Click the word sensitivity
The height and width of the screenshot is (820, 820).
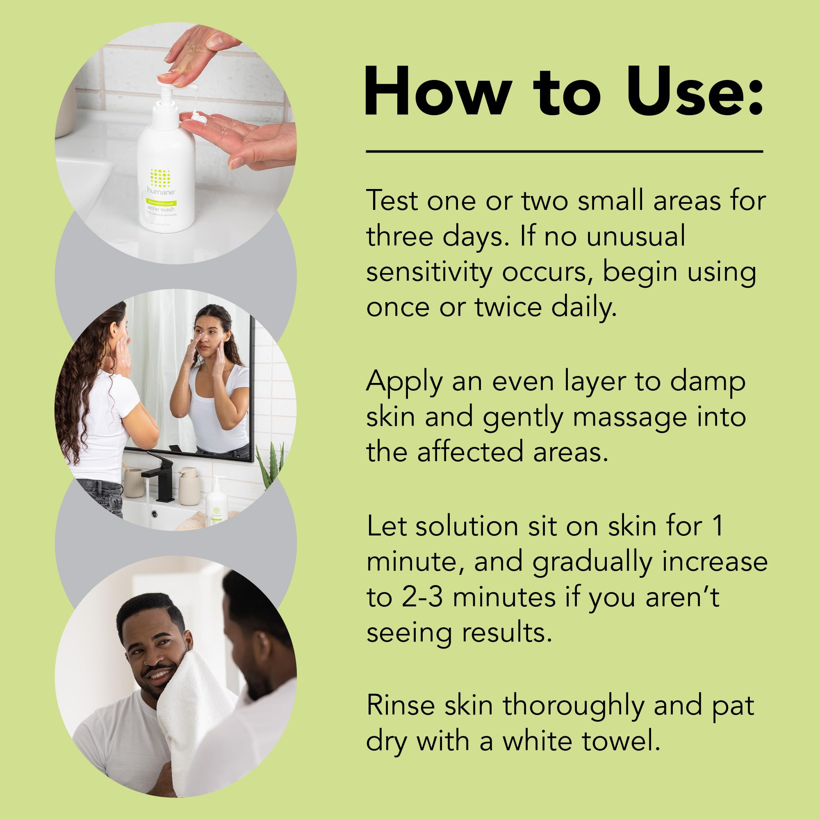[x=429, y=273]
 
